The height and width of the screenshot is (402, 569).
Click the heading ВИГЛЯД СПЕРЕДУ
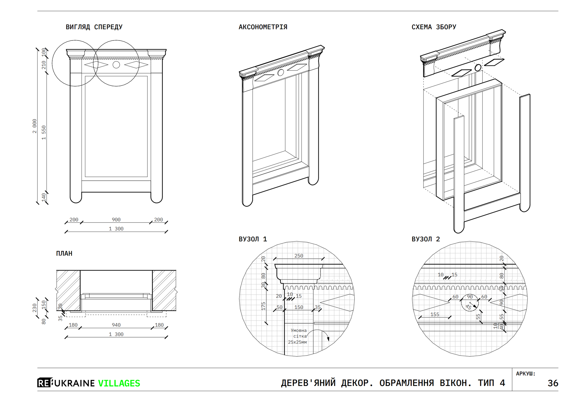point(94,27)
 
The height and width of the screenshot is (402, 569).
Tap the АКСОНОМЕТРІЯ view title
point(263,27)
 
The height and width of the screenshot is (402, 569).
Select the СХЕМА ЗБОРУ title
point(434,27)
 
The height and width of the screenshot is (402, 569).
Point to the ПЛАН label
point(64,253)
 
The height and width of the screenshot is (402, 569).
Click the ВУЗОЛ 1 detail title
point(252,239)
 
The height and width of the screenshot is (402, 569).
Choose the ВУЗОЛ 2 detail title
point(426,239)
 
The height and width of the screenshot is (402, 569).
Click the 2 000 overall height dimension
point(35,126)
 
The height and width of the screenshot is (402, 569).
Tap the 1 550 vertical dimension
point(44,133)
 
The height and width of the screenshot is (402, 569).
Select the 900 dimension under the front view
point(116,220)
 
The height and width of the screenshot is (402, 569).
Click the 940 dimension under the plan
point(116,325)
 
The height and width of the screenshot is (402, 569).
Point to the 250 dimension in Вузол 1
point(298,256)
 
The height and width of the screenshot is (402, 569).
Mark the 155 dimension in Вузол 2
point(434,314)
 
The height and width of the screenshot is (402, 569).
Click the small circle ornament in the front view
point(116,65)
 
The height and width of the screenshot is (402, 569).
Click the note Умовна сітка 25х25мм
point(298,336)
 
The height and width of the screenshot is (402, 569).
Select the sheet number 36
point(553,383)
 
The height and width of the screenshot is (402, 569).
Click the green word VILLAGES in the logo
point(119,383)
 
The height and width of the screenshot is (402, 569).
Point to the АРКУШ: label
point(525,374)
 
